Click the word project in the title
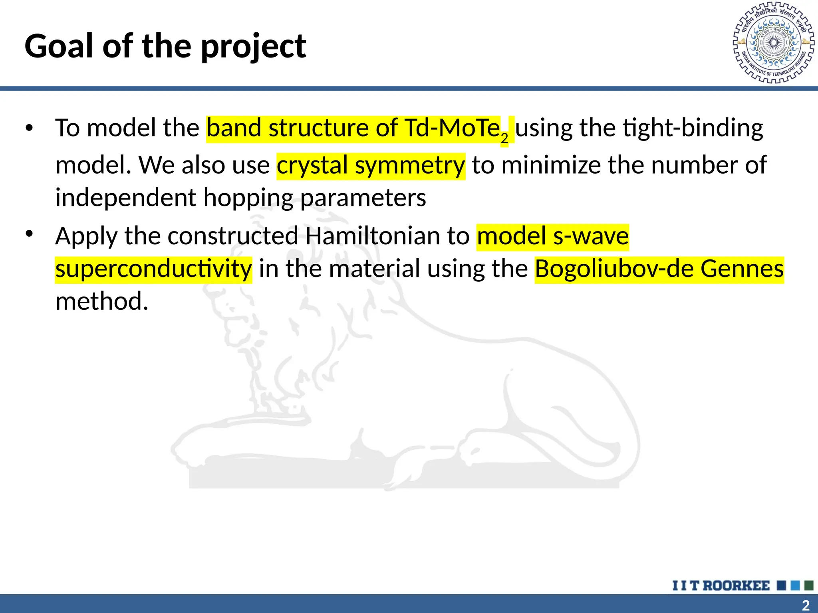coord(253,47)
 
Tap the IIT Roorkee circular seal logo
coord(773,43)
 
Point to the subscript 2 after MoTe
coord(504,138)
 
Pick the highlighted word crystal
coord(312,165)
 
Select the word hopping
coord(248,198)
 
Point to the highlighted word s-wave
coord(591,235)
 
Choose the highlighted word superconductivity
coord(154,268)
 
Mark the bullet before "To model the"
coord(29,129)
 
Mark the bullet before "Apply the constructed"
coord(29,234)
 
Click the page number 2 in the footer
coord(806,605)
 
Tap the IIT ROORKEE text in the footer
coord(721,585)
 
